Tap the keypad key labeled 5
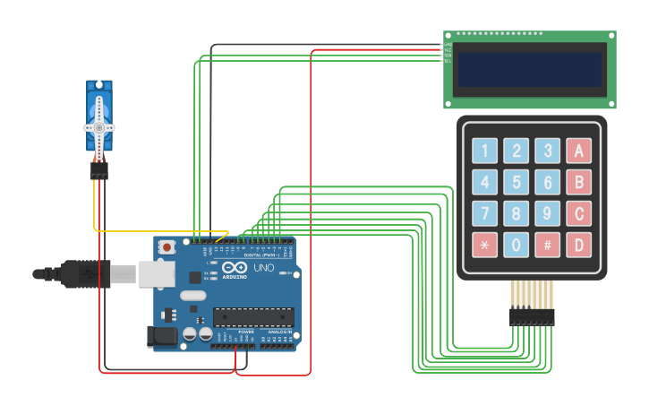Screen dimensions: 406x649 point(517,182)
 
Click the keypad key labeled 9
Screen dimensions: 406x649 point(548,213)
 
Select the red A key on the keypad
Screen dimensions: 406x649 point(579,151)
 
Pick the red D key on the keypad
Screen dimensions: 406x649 point(579,245)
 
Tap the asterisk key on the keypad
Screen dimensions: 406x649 point(485,245)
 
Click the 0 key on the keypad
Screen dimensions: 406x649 point(517,245)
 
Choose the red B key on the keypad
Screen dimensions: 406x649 point(579,182)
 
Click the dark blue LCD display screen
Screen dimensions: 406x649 point(530,70)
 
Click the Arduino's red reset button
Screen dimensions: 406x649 point(167,246)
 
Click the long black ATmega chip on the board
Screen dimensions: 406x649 point(253,316)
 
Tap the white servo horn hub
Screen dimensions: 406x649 point(99,128)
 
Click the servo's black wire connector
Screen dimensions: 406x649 point(98,169)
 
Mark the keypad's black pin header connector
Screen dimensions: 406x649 point(532,316)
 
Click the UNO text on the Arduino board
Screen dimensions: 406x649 point(264,268)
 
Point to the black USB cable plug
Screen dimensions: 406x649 point(86,273)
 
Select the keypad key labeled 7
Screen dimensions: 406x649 point(485,213)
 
